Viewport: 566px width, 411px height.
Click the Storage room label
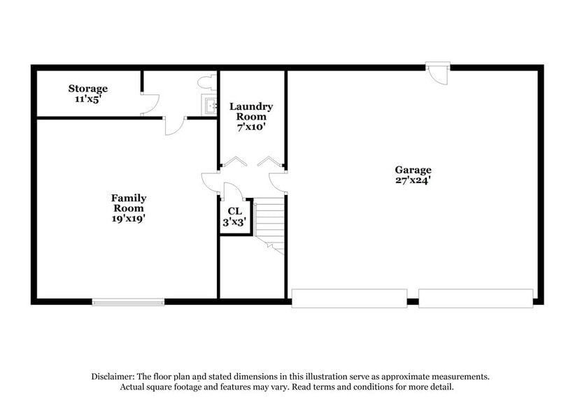click(87, 89)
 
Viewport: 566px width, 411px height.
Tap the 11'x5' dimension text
click(87, 99)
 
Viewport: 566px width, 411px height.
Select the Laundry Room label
click(251, 111)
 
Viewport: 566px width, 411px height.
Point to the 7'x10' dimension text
click(251, 128)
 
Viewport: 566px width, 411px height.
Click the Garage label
click(413, 170)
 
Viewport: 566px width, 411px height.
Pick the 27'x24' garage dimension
click(413, 180)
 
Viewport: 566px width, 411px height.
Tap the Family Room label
click(129, 203)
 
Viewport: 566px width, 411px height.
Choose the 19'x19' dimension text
click(129, 218)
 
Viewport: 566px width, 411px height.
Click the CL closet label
click(234, 210)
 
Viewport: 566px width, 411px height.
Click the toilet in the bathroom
click(206, 82)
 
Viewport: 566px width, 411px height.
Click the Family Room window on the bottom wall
click(128, 302)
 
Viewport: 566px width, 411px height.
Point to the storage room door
click(148, 104)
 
